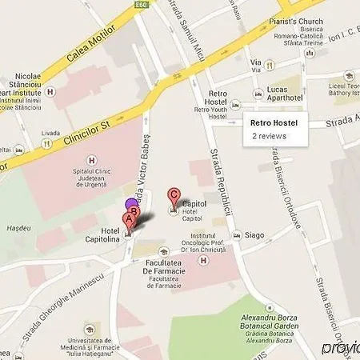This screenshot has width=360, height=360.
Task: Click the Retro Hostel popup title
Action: tap(274, 123)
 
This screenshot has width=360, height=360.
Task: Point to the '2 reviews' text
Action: tap(269, 137)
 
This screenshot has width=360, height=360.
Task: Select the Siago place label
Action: tap(254, 236)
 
